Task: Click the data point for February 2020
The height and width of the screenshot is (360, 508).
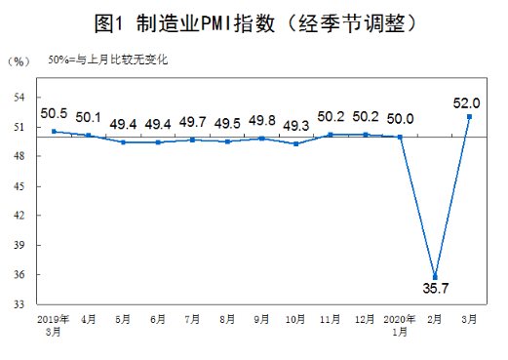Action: tap(435, 276)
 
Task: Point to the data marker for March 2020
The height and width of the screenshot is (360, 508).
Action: tap(469, 116)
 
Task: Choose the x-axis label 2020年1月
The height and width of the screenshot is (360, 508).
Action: tap(400, 325)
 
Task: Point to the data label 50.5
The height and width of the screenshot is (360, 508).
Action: tap(54, 113)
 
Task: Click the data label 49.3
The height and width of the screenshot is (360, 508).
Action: tap(295, 125)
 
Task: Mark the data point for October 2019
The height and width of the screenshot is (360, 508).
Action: tap(295, 143)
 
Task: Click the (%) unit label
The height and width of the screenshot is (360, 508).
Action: tap(19, 61)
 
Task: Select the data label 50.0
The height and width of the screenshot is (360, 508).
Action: tap(400, 119)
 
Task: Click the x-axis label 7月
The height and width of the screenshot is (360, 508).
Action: tap(192, 319)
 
